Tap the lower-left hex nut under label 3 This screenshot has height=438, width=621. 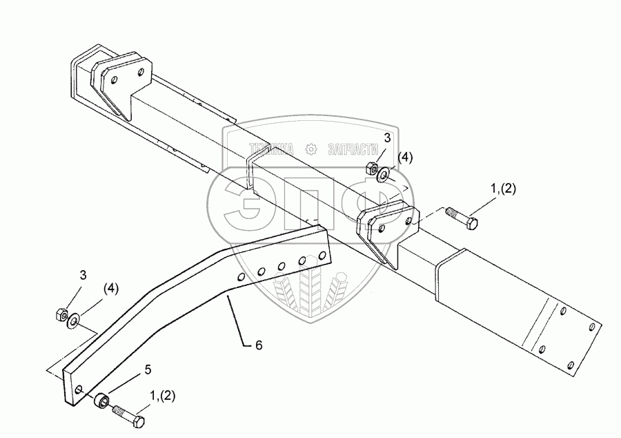[60, 315]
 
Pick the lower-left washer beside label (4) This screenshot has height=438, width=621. [72, 321]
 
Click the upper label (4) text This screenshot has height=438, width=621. [405, 158]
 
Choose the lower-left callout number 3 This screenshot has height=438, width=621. [83, 275]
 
